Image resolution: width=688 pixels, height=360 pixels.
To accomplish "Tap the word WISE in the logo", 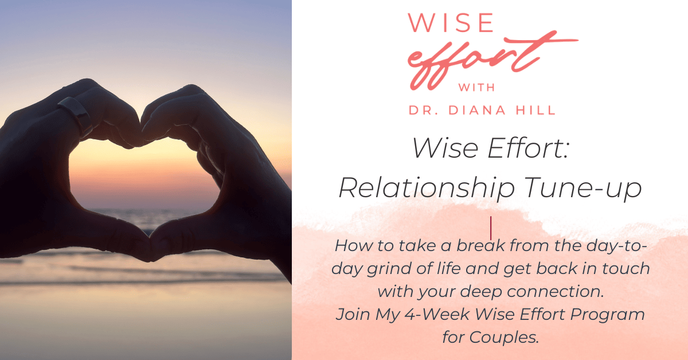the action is click(x=451, y=22).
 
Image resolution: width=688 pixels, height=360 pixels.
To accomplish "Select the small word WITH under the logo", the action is click(x=476, y=88).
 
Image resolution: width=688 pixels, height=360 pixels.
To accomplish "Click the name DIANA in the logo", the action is click(x=477, y=110).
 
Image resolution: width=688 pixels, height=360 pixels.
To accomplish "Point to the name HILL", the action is click(x=535, y=110).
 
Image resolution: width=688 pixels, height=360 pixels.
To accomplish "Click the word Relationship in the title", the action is click(x=427, y=188).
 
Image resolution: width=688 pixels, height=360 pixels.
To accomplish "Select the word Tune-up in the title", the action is click(x=583, y=188).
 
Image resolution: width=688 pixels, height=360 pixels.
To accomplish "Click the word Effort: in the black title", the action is click(x=528, y=148).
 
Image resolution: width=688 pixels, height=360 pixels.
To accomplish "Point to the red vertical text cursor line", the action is click(x=491, y=228).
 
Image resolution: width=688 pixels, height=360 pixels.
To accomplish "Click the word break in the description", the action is click(x=480, y=245).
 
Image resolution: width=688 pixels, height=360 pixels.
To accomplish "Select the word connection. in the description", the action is click(x=556, y=291).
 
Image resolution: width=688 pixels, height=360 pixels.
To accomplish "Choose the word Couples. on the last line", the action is click(x=504, y=337).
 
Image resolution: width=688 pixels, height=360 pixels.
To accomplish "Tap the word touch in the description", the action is click(x=626, y=268).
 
